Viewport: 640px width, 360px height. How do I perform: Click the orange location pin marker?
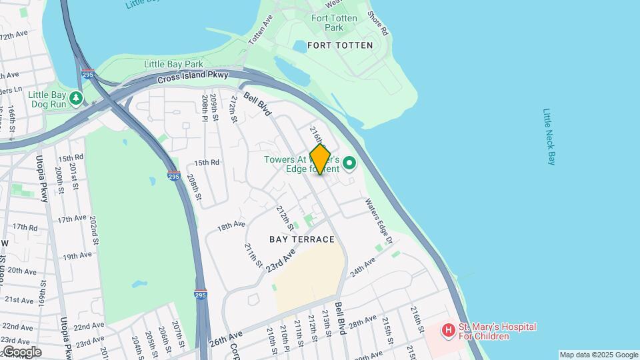(x=320, y=159)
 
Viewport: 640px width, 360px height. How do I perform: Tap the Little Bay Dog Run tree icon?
(x=77, y=98)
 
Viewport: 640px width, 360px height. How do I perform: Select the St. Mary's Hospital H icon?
(x=449, y=329)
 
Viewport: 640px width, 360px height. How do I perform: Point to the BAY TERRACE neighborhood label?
(x=301, y=239)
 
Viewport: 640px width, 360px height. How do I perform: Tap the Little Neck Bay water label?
(x=549, y=137)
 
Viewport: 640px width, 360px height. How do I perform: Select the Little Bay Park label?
(x=173, y=64)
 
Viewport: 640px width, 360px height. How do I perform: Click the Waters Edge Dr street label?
(x=379, y=220)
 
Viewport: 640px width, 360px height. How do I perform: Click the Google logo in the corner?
(x=21, y=352)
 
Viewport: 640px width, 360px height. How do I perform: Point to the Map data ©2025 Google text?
(x=599, y=355)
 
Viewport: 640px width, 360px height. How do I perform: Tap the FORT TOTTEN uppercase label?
(x=334, y=45)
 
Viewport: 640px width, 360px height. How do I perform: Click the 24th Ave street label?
(x=363, y=268)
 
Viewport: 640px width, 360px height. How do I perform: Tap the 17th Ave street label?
(x=72, y=219)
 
